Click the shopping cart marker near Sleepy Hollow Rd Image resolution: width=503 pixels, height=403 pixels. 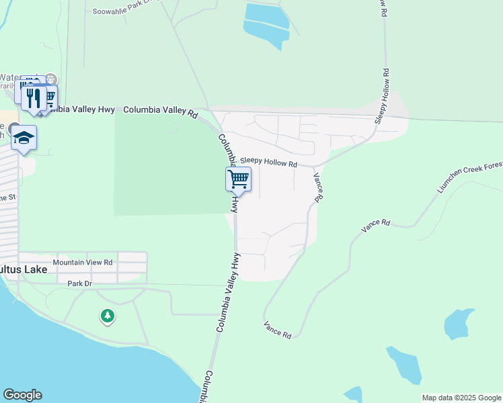point(238,180)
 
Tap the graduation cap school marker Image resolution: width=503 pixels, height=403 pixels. point(24,138)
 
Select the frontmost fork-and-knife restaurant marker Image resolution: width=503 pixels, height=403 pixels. point(33,98)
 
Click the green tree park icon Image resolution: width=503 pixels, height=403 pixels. point(107,316)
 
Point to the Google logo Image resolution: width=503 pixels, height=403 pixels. point(22,395)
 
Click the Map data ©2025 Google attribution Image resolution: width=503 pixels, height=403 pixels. point(461,398)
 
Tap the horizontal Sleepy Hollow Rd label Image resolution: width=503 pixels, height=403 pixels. point(268,163)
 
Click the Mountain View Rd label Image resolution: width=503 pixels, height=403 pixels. point(83,262)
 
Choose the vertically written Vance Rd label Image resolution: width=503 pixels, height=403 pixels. point(319,186)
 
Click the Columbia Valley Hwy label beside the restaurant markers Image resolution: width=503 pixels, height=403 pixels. point(85,109)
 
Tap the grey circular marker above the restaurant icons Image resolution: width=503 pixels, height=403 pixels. point(52,80)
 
